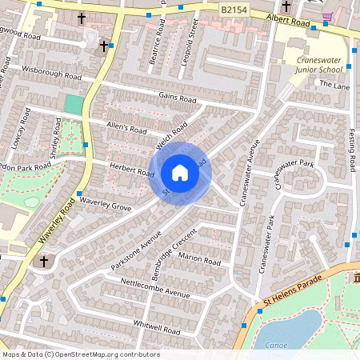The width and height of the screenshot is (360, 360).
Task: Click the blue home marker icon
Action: point(180,173)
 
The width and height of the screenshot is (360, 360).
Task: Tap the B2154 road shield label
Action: point(234,8)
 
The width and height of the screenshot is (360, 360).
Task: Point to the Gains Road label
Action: point(177,98)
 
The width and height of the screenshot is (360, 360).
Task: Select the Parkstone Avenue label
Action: point(137,250)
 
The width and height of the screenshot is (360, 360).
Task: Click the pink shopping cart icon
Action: point(326,16)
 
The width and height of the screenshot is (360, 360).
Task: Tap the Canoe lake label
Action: point(276,346)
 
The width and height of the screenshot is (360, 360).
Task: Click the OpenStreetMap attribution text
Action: point(80,354)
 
